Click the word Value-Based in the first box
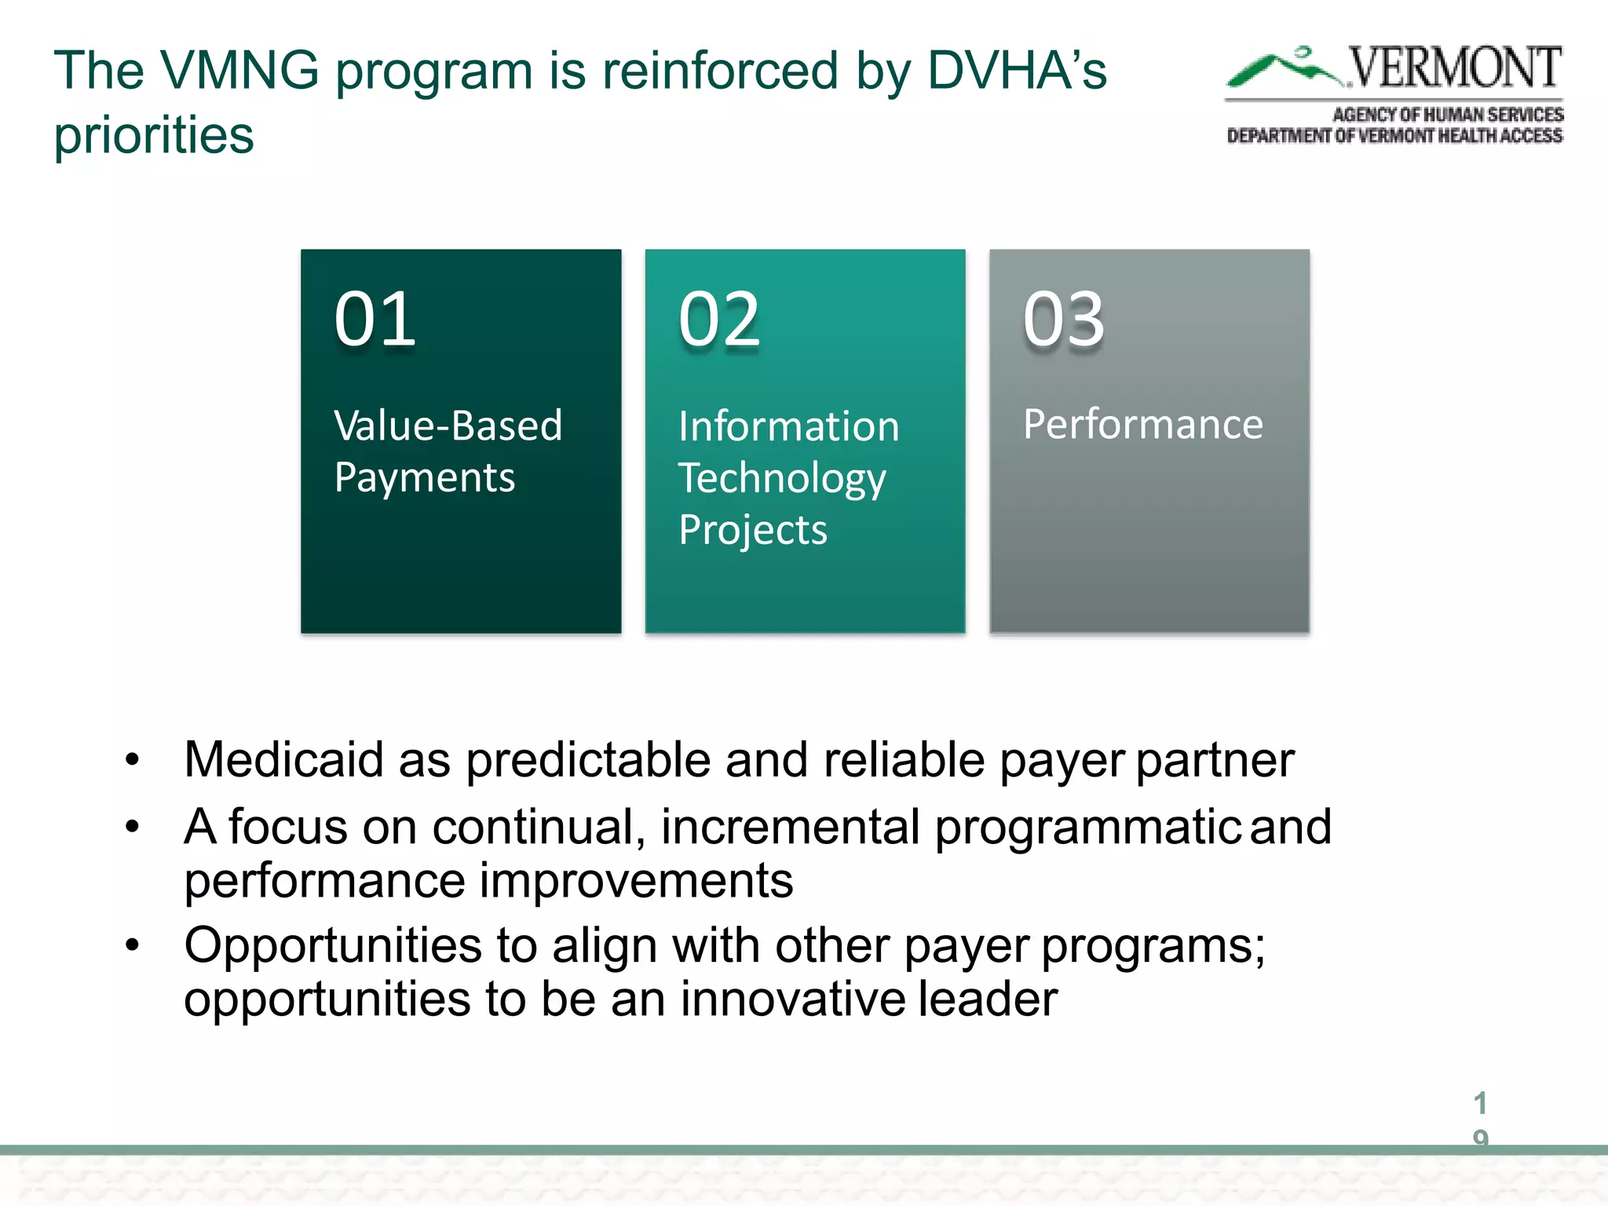(x=448, y=426)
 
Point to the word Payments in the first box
(x=425, y=477)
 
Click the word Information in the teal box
(x=788, y=426)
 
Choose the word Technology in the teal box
(x=782, y=478)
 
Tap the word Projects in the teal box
(x=753, y=530)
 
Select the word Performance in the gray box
(x=1143, y=424)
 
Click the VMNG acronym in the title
(x=240, y=71)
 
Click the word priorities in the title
(x=154, y=135)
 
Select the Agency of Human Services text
(x=1448, y=115)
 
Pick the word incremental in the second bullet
(x=790, y=827)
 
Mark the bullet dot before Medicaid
(x=132, y=760)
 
